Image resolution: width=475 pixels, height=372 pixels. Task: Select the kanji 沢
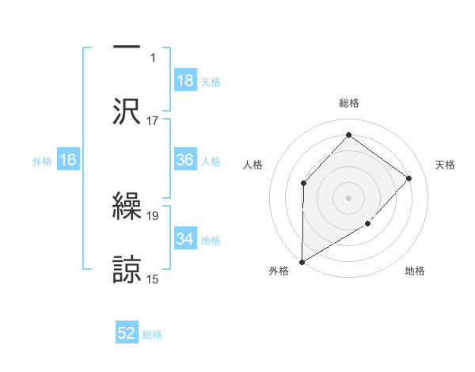[127, 111]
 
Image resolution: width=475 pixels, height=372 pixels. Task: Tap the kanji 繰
[127, 207]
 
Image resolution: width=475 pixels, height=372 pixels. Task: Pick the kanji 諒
[127, 269]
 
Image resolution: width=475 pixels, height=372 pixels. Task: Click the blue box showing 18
[185, 81]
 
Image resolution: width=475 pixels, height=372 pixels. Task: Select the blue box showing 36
[185, 160]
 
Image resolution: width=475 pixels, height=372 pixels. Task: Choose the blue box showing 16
[68, 160]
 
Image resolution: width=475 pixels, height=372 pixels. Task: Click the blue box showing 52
[127, 334]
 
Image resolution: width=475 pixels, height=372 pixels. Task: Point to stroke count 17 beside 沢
[153, 120]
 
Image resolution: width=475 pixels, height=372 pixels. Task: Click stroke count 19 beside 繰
[153, 215]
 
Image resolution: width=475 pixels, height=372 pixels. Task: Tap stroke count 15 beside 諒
[153, 279]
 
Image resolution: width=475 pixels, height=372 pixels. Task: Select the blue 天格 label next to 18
[211, 82]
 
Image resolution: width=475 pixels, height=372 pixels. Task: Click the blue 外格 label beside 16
[42, 161]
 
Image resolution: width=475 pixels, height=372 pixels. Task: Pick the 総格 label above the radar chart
[349, 104]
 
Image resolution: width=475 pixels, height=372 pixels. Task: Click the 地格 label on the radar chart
[415, 271]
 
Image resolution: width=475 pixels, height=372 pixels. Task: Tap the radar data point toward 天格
[409, 178]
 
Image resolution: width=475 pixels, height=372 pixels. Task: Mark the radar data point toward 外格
[302, 262]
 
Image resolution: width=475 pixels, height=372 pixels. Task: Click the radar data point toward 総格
[348, 135]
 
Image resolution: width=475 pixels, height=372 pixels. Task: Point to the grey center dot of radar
[348, 197]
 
